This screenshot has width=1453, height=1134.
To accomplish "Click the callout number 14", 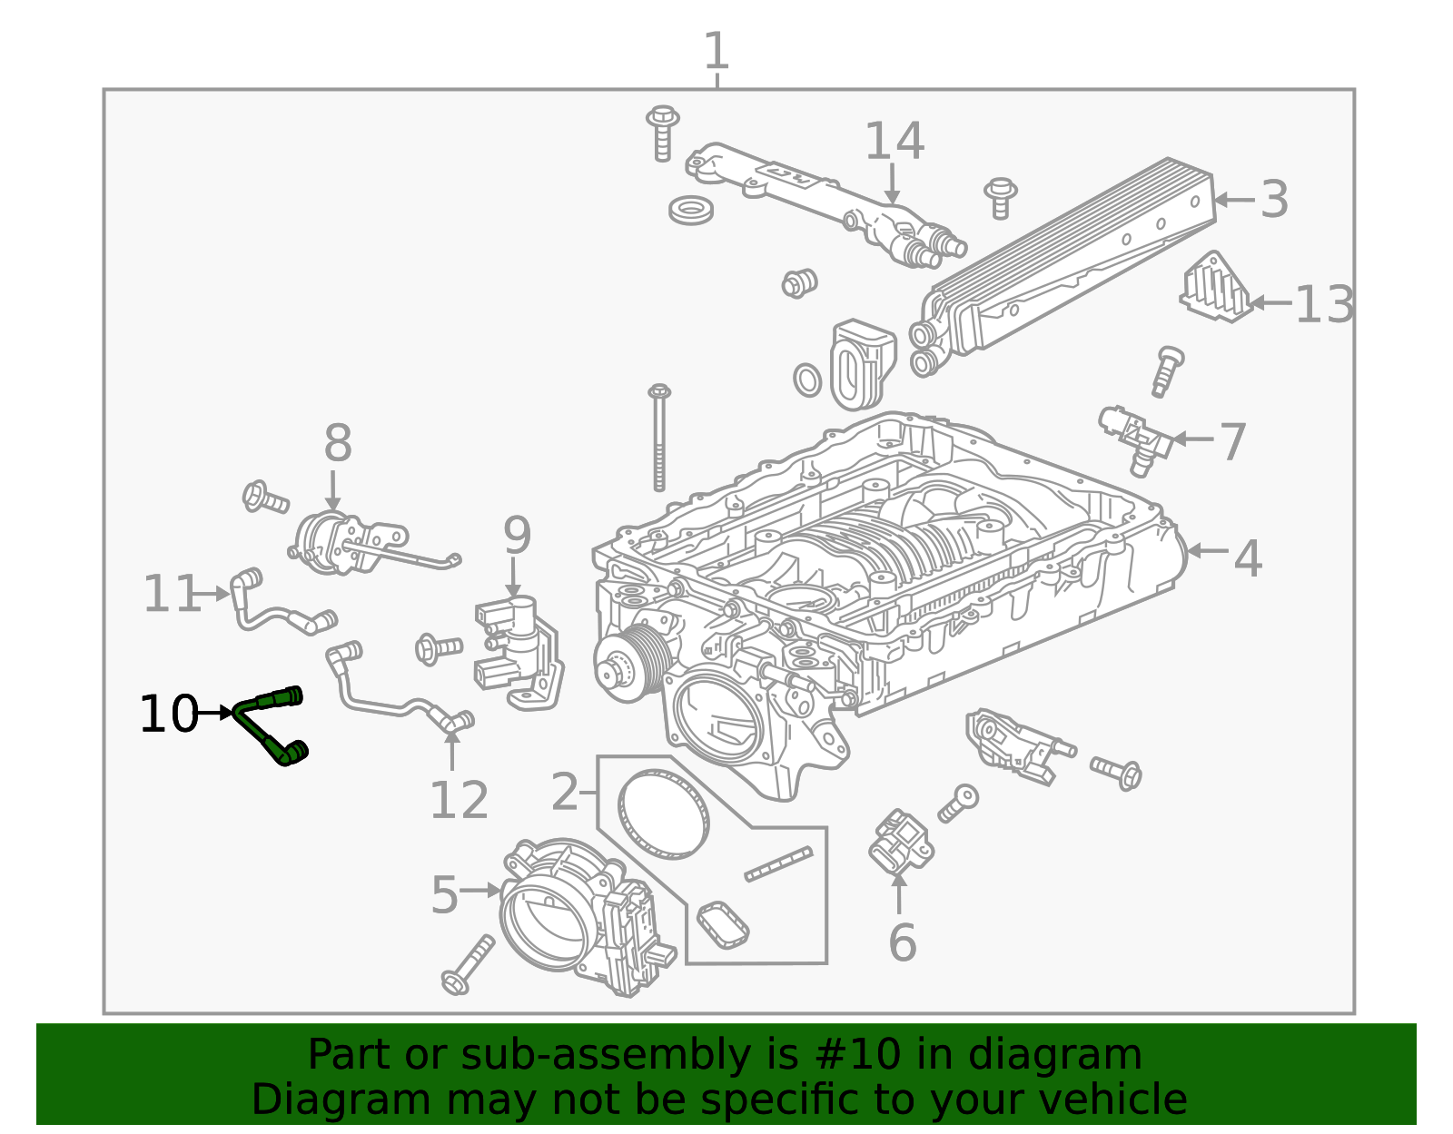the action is coord(894,142).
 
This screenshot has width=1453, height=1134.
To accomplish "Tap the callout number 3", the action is coord(1274,199).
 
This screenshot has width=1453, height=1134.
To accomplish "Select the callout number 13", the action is coord(1324,305).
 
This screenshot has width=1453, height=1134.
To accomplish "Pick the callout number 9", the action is coord(517,535).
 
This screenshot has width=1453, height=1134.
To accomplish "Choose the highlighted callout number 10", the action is coord(169,714).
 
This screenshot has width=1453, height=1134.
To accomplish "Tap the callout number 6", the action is coord(902,943).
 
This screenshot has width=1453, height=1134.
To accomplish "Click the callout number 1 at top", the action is coord(717,51).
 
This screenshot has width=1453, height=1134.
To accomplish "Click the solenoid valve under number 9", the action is coord(519,652).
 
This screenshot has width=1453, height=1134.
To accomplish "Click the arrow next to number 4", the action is coord(1208,551).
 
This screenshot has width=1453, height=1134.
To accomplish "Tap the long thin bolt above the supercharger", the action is coord(658,438).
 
